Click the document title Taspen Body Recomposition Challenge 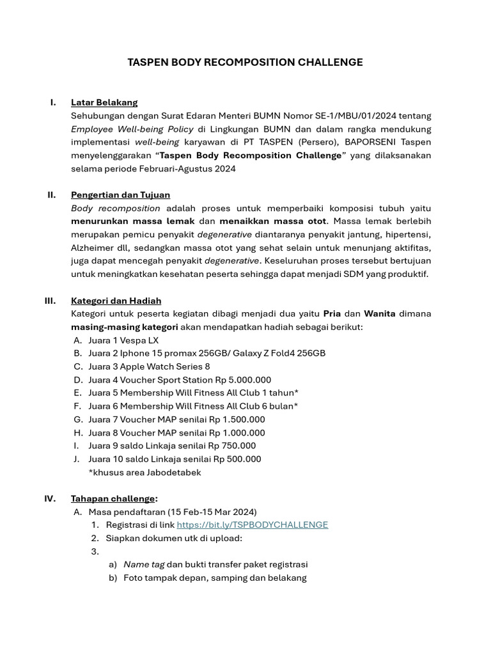tap(245, 62)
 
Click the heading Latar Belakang tap(104, 102)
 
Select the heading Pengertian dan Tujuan tap(120, 195)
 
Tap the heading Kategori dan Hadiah tap(116, 301)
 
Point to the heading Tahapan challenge tap(113, 499)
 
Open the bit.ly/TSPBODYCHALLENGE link tap(252, 525)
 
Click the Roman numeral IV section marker tap(50, 499)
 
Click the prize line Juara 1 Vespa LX tap(123, 340)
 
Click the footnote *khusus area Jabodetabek tap(144, 473)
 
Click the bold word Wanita tap(380, 314)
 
